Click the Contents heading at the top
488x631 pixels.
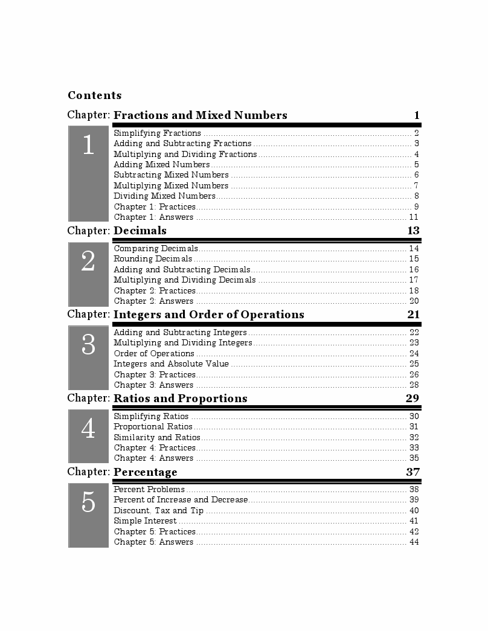95,95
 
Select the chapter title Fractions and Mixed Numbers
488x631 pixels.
201,115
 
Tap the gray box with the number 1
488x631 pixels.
88,173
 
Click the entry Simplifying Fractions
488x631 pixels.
158,133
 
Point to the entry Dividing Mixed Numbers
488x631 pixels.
164,196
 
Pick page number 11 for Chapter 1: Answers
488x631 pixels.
414,217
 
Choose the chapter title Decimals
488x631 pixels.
140,231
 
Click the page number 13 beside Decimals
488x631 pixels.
413,231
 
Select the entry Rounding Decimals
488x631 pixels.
153,259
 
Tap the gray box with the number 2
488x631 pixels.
88,274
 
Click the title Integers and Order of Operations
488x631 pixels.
209,315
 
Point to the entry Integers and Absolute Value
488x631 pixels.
172,364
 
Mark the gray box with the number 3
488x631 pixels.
88,357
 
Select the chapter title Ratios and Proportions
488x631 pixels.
181,399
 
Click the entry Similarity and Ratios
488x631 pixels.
157,437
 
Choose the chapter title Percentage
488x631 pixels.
146,472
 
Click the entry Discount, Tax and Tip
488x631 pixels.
159,510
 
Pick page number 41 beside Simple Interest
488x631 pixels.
414,520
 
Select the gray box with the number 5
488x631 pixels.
88,515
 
